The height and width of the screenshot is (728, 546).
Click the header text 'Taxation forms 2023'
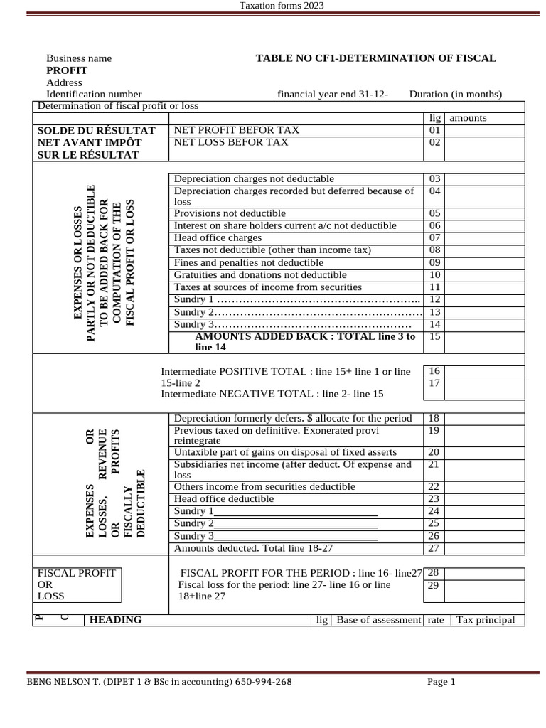(x=281, y=6)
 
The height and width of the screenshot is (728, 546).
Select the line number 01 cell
(x=435, y=130)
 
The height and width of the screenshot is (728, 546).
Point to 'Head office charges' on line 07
(x=218, y=237)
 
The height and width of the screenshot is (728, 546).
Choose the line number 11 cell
(x=435, y=287)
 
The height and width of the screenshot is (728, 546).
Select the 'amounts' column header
(x=468, y=118)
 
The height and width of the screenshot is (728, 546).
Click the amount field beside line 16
(x=485, y=371)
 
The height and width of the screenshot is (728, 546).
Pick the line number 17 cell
(x=435, y=384)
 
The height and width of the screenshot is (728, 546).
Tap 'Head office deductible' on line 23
(x=224, y=499)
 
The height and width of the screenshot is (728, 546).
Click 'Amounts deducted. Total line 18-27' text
(x=253, y=548)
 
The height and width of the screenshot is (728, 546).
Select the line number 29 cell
(x=435, y=586)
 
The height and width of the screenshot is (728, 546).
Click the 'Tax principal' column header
(x=486, y=620)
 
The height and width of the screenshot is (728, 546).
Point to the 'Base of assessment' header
(x=378, y=620)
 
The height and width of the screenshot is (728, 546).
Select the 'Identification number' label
(x=94, y=94)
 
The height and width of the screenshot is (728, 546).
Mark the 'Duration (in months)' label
(x=456, y=94)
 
